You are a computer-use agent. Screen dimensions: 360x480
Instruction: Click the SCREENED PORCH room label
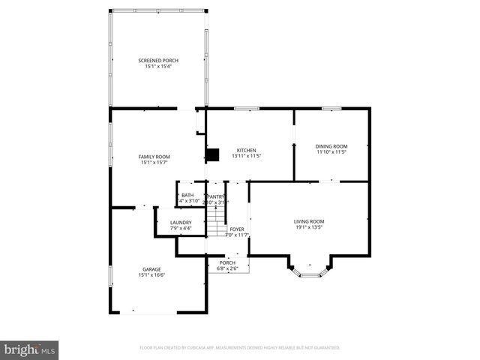click(157, 60)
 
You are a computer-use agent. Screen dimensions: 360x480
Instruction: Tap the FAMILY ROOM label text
click(154, 156)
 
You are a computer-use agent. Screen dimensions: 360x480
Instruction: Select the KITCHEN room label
click(247, 149)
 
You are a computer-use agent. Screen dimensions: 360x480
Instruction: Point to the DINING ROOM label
click(331, 145)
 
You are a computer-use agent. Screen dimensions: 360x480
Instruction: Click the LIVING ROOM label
click(308, 221)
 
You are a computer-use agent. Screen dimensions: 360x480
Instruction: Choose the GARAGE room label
click(151, 268)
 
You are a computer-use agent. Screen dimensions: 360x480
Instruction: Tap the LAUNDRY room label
click(181, 222)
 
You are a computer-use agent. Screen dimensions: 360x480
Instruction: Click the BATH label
click(187, 195)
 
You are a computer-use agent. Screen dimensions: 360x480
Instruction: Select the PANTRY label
click(216, 196)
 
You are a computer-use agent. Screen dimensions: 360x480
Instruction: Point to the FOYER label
click(237, 229)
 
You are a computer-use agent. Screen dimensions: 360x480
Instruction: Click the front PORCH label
click(227, 262)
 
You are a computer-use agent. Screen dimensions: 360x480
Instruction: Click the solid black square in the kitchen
click(213, 155)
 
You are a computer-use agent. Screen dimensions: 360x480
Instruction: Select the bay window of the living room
click(310, 270)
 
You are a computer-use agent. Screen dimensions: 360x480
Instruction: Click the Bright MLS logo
click(30, 349)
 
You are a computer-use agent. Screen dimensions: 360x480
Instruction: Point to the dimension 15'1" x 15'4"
click(157, 67)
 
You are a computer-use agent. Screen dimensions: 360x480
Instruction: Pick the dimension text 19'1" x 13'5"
click(308, 228)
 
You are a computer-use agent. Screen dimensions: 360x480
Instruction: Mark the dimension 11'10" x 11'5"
click(331, 152)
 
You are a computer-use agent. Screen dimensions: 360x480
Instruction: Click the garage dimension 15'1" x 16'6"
click(151, 275)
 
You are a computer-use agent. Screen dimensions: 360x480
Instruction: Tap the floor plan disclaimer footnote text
click(240, 348)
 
